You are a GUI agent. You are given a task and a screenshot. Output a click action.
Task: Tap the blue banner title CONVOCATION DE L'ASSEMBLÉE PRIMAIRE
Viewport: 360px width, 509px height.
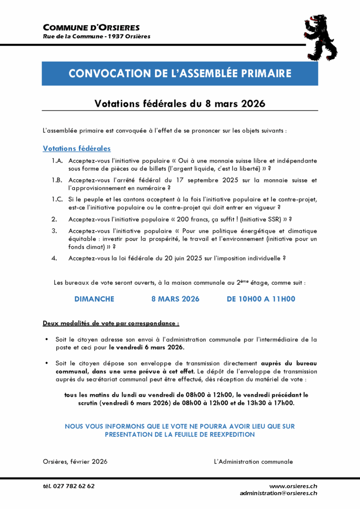[x=180, y=74]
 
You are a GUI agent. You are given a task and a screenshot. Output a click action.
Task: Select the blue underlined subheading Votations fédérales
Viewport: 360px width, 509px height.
[x=77, y=149]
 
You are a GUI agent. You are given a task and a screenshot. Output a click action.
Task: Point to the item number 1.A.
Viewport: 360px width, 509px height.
[x=57, y=161]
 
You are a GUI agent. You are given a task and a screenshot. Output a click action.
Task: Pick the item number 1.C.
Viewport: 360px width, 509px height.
[x=57, y=199]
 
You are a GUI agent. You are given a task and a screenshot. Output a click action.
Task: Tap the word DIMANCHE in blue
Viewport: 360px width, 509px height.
[x=94, y=299]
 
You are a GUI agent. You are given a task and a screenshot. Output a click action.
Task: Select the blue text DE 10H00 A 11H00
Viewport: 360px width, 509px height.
[x=261, y=299]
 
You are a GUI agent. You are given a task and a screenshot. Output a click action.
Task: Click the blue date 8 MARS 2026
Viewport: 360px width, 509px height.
[x=175, y=299]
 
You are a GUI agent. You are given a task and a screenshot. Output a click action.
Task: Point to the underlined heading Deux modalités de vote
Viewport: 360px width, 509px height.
[x=111, y=323]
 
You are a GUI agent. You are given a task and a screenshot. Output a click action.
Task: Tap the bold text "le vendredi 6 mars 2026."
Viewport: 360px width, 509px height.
[x=147, y=348]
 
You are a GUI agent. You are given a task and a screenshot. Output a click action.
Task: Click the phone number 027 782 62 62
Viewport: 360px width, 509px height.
[x=74, y=486]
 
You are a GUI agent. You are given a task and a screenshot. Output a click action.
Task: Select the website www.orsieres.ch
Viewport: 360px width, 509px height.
[x=293, y=486]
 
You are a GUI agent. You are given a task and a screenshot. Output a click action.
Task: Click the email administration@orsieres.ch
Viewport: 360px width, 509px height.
[x=278, y=493]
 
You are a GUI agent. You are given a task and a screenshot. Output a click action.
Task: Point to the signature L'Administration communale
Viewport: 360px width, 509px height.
[x=253, y=461]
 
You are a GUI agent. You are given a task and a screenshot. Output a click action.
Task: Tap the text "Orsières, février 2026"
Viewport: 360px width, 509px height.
[x=75, y=461]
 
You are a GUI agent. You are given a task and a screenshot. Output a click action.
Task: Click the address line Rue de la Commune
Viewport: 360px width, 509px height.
[x=96, y=36]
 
